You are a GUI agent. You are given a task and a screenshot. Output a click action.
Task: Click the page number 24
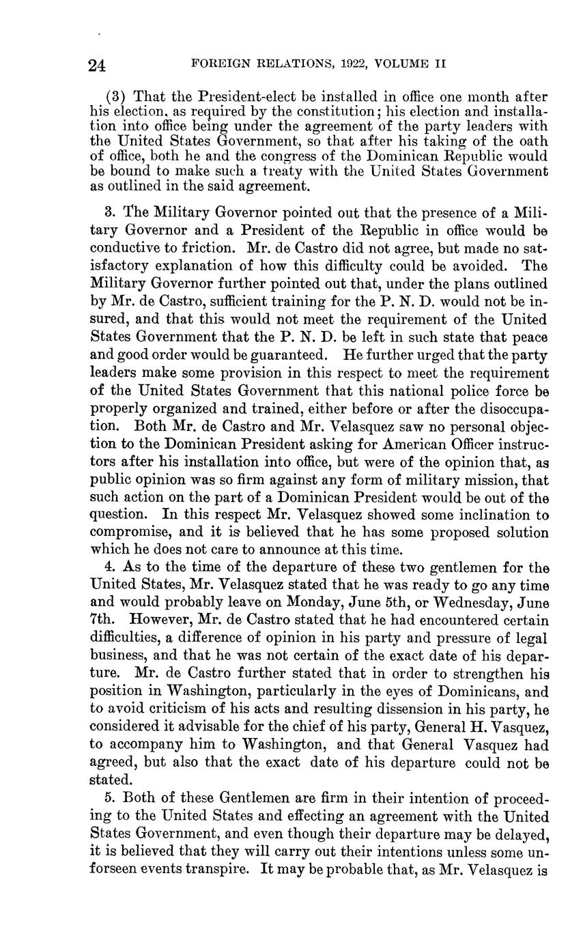[x=96, y=65]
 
